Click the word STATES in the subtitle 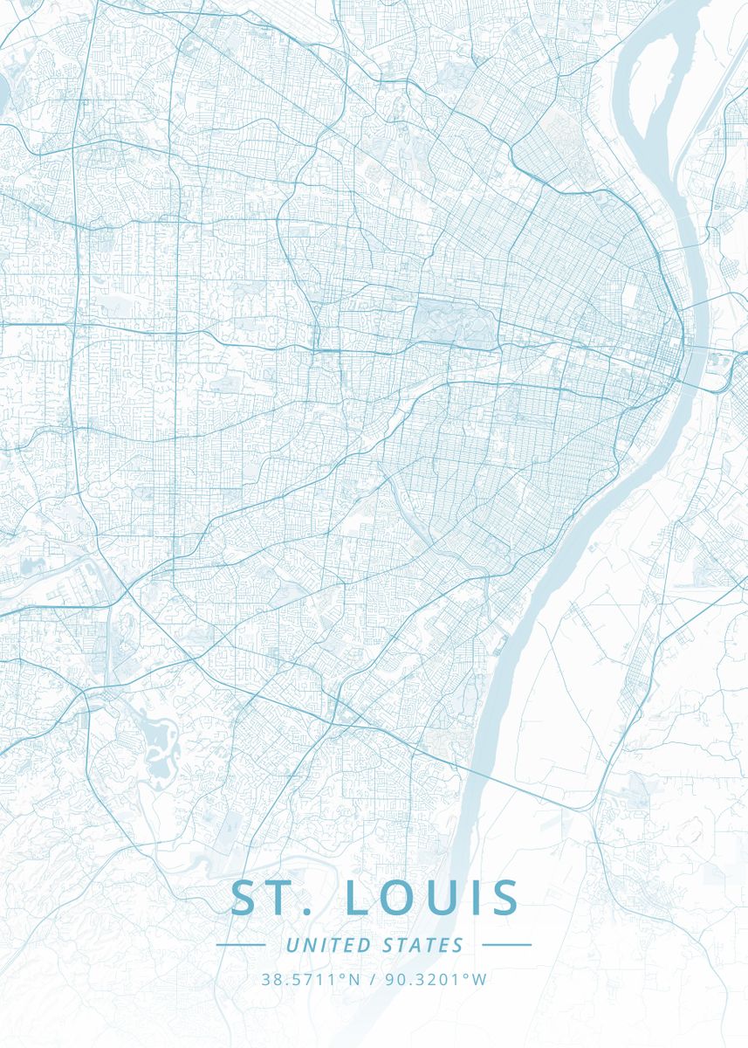pyautogui.click(x=423, y=945)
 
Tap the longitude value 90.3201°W pyautogui.click(x=436, y=980)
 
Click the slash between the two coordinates pyautogui.click(x=373, y=980)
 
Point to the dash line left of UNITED pyautogui.click(x=240, y=944)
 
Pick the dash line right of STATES pyautogui.click(x=506, y=944)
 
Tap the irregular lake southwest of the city pyautogui.click(x=157, y=742)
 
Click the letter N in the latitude pyautogui.click(x=353, y=980)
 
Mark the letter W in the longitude pyautogui.click(x=479, y=980)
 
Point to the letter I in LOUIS pyautogui.click(x=477, y=899)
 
